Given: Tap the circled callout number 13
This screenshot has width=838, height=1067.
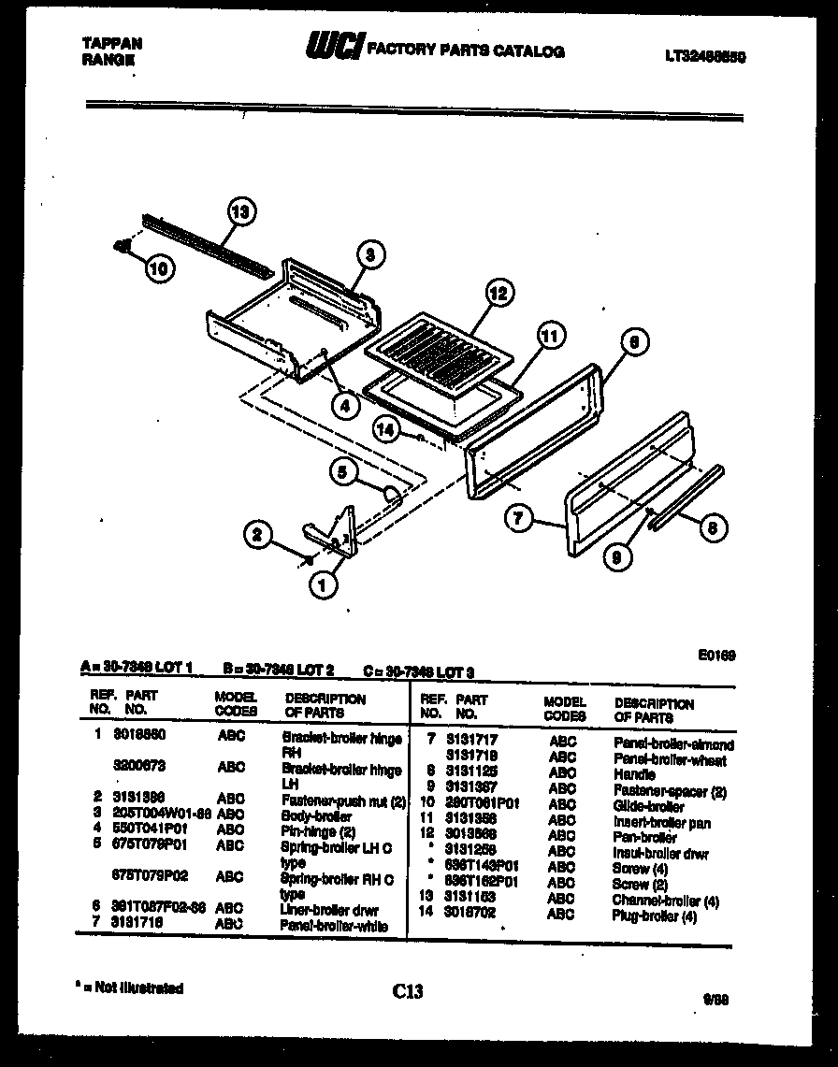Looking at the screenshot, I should [241, 212].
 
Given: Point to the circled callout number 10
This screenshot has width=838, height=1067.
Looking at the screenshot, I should [160, 268].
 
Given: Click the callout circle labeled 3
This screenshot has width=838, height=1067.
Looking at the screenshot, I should [370, 253].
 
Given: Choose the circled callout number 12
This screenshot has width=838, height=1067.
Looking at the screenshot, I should [498, 294].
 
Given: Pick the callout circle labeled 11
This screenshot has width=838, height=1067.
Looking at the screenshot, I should [551, 335].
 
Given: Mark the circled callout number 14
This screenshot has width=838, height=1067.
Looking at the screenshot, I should [385, 429].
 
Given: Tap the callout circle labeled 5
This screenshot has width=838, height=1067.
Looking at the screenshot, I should [343, 474].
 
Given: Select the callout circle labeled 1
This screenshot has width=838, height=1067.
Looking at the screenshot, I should [323, 584].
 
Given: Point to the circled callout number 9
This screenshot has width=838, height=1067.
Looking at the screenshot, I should [616, 558].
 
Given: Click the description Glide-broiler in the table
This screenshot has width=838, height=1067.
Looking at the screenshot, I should [648, 805].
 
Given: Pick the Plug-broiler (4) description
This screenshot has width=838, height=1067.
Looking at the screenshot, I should [654, 916].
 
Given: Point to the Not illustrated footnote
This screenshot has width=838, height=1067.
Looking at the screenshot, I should [130, 988].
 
